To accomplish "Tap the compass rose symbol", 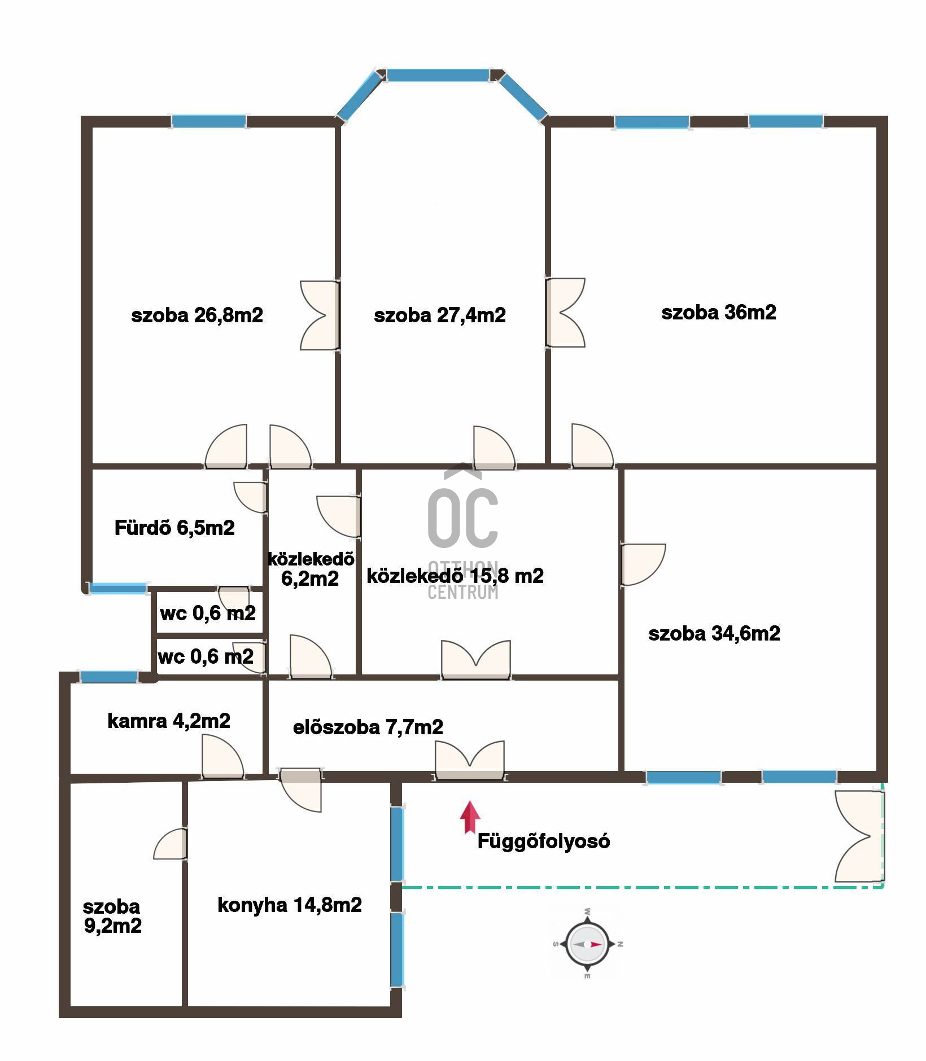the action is pyautogui.click(x=588, y=944).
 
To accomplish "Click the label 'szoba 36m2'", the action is pyautogui.click(x=719, y=312).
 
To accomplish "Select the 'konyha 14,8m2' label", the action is pyautogui.click(x=290, y=905).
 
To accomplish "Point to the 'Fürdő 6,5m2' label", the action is pyautogui.click(x=174, y=528).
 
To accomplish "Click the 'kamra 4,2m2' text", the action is pyautogui.click(x=169, y=721).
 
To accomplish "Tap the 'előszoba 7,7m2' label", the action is pyautogui.click(x=368, y=727).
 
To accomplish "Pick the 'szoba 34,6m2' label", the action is pyautogui.click(x=714, y=633).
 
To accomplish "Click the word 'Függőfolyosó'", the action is pyautogui.click(x=544, y=841).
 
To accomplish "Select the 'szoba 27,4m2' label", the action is pyautogui.click(x=440, y=315).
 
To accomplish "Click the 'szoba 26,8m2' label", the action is pyautogui.click(x=197, y=315).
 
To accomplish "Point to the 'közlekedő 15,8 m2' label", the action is pyautogui.click(x=455, y=576).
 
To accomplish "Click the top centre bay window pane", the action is pyautogui.click(x=438, y=75).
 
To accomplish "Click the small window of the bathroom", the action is pyautogui.click(x=118, y=588).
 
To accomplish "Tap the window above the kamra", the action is pyautogui.click(x=108, y=677).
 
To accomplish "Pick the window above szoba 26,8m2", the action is pyautogui.click(x=209, y=121).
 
